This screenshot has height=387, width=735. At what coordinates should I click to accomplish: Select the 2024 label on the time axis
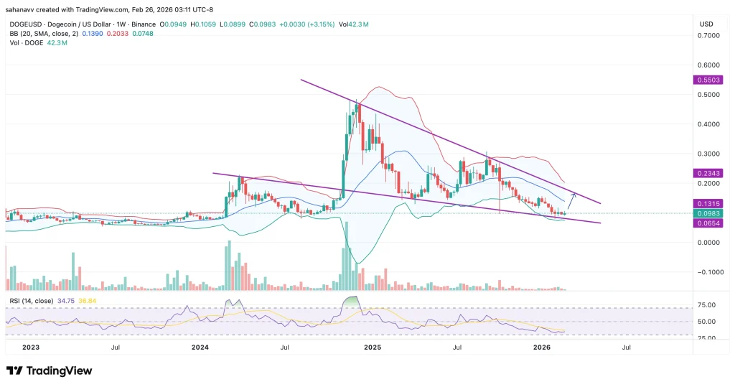pos(200,347)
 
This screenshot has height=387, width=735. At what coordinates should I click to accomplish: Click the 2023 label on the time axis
pos(29,347)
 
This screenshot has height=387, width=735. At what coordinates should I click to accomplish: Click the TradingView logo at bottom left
pos(49,370)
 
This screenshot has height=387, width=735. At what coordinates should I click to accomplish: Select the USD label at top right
pos(706,24)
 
